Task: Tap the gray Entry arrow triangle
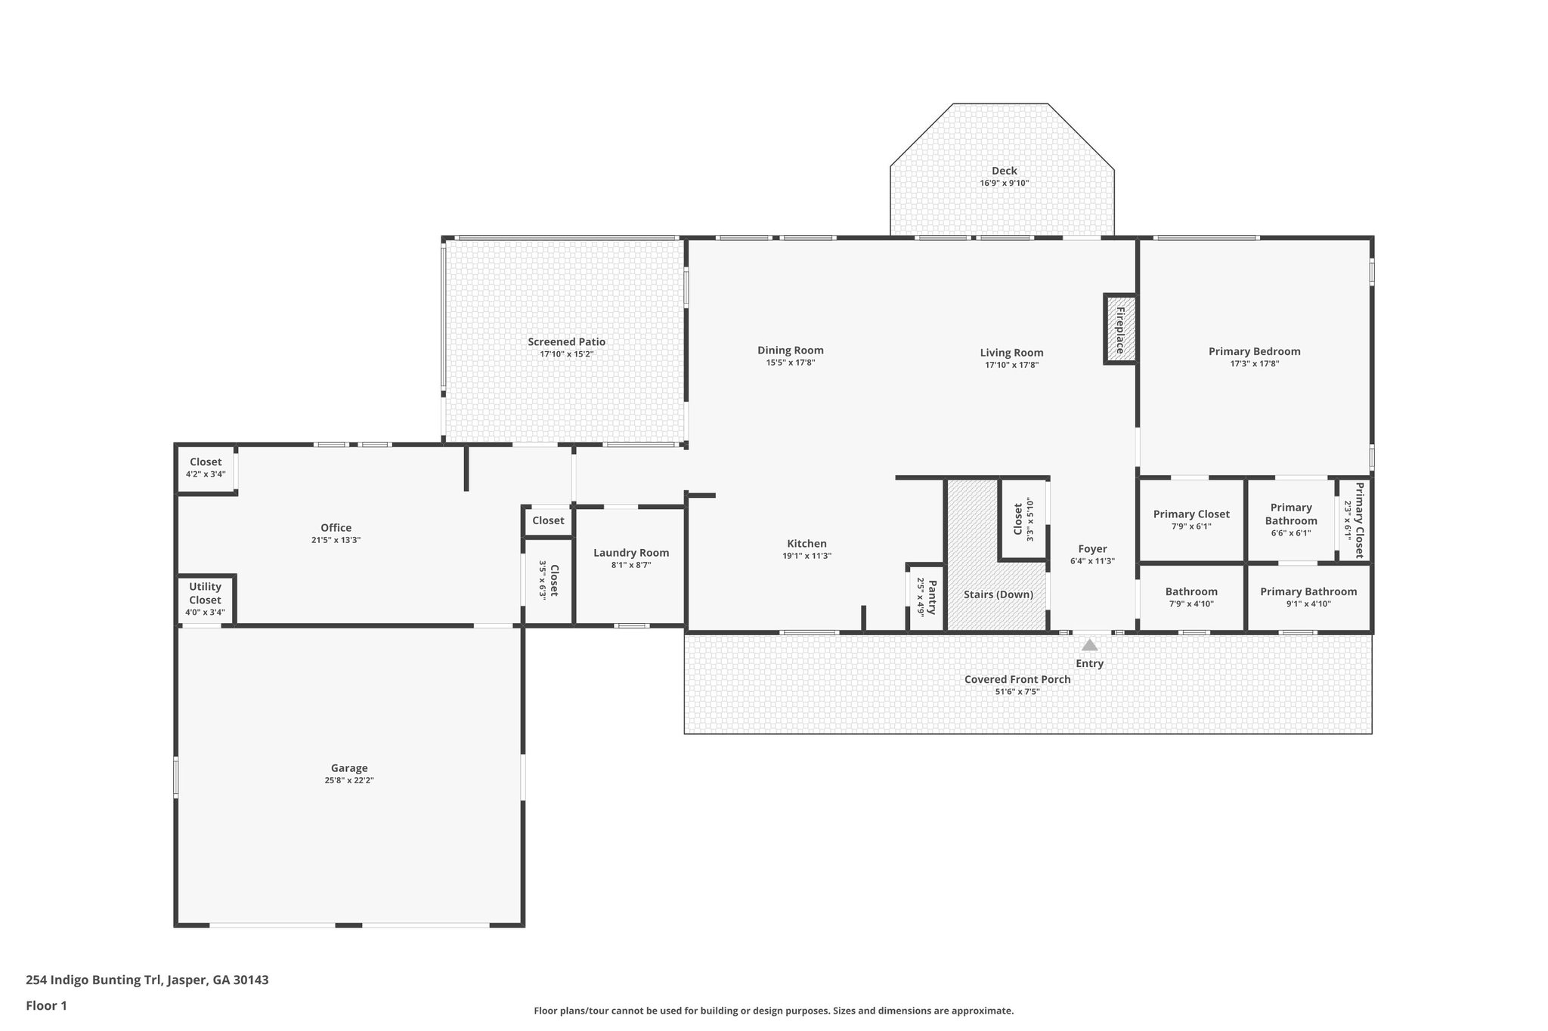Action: [1089, 645]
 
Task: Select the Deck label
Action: [1004, 171]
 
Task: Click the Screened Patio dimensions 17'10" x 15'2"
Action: [566, 354]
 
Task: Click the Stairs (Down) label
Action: [998, 594]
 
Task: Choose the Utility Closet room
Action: [205, 599]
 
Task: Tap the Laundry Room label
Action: [630, 553]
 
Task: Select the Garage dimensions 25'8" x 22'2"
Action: [348, 781]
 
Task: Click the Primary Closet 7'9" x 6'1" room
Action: [1190, 520]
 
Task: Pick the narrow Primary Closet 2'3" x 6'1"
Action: [1354, 520]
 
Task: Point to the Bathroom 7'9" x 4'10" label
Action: [1190, 592]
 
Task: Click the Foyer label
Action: [1092, 549]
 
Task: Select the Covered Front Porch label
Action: [1017, 679]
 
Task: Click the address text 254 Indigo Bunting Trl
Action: [147, 980]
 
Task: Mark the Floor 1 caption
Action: [46, 1005]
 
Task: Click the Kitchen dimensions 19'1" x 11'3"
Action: [807, 557]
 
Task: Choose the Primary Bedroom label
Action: [1254, 351]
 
